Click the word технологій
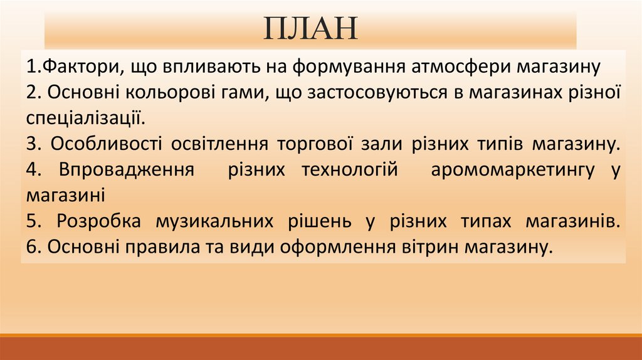coord(350,170)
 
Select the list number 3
coord(32,144)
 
